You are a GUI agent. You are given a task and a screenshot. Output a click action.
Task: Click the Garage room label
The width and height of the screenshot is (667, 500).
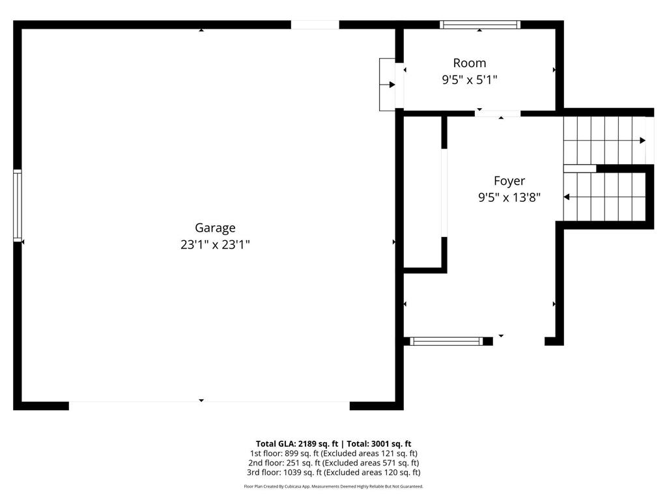click(215, 228)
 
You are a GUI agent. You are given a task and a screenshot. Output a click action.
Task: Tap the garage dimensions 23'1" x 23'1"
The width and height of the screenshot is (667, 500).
click(215, 245)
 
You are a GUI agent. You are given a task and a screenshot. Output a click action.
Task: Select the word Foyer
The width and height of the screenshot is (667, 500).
click(509, 181)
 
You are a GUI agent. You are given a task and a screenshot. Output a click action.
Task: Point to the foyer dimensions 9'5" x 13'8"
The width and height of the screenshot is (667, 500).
click(509, 197)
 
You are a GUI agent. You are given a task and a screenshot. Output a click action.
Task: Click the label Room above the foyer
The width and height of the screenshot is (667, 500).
click(469, 63)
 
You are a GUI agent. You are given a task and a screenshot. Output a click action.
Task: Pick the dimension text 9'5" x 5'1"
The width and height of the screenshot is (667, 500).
click(469, 80)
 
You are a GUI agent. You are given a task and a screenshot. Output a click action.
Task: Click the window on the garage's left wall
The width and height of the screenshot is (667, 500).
click(18, 206)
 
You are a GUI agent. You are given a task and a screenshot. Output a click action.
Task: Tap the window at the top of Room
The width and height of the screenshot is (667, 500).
click(480, 25)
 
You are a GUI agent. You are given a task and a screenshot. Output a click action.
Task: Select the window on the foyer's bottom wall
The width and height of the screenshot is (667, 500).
click(447, 340)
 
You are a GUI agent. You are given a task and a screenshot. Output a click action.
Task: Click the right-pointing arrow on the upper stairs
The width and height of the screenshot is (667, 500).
click(642, 140)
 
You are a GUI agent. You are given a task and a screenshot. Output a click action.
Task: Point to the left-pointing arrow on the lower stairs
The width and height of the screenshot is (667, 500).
click(567, 197)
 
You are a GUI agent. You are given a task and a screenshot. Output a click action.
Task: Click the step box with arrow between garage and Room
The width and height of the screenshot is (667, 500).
click(388, 84)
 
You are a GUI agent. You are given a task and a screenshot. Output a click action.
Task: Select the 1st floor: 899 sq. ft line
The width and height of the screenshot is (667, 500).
click(333, 453)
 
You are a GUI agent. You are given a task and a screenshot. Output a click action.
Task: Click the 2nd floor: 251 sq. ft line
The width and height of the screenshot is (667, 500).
click(333, 463)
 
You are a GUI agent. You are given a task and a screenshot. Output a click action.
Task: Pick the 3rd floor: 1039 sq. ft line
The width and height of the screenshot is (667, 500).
click(333, 473)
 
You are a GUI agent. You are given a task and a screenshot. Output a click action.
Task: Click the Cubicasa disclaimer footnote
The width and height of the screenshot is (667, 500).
click(333, 486)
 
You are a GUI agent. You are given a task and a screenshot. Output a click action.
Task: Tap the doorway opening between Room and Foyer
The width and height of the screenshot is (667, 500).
click(498, 113)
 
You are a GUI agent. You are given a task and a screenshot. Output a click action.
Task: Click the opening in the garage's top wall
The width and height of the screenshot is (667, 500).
click(315, 25)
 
